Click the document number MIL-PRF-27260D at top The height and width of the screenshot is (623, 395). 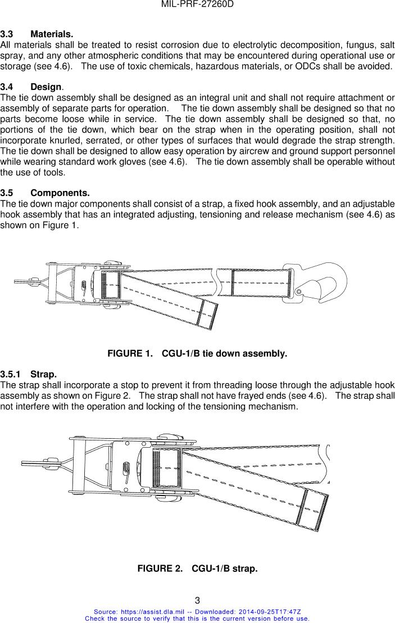pos(197,4)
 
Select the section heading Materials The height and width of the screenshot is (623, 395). pos(52,34)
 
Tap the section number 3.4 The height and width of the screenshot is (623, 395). pos(7,87)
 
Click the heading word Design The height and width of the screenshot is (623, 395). pos(46,87)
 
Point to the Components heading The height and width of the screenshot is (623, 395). pos(60,193)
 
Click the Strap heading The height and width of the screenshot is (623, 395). pos(44,374)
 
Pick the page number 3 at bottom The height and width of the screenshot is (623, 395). pos(198,601)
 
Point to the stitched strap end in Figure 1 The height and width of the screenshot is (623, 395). pos(209,314)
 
